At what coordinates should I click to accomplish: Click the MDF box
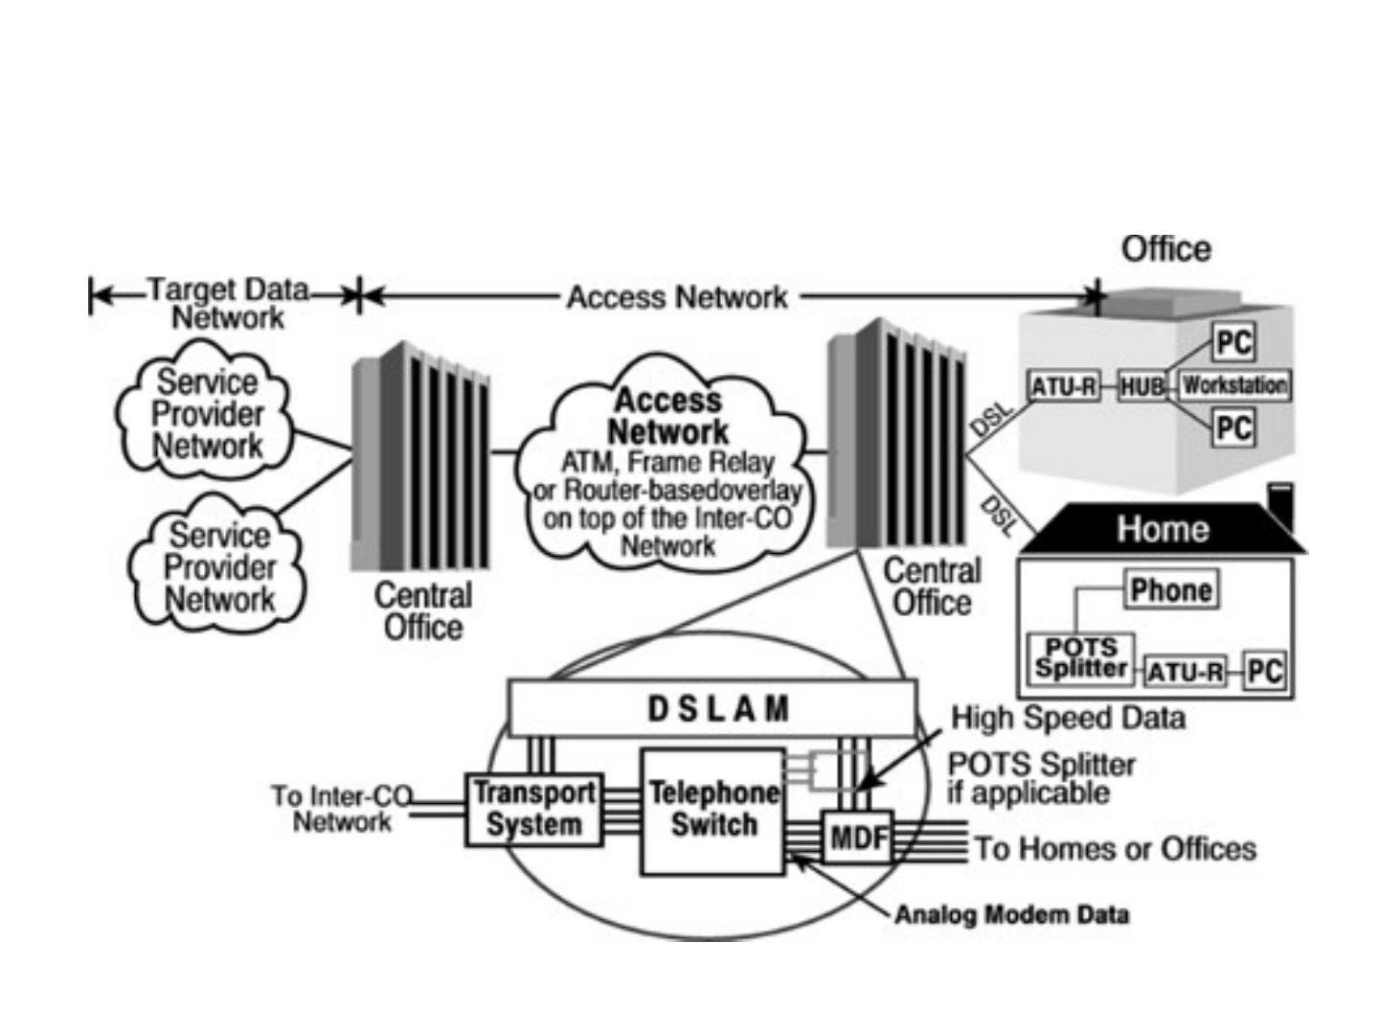(x=858, y=837)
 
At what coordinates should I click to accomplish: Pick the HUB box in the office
(x=1142, y=386)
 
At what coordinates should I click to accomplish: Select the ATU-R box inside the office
(x=1063, y=386)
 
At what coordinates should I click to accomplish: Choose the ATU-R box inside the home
(x=1186, y=673)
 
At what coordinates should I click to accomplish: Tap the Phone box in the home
(x=1171, y=589)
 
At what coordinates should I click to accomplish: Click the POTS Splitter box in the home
(x=1080, y=658)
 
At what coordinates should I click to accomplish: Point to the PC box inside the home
(x=1265, y=671)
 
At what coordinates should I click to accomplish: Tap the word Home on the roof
(x=1163, y=529)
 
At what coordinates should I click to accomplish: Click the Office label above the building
(x=1166, y=249)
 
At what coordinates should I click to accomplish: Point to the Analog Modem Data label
(x=1011, y=915)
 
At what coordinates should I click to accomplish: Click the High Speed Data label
(x=1069, y=718)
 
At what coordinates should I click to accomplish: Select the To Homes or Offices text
(x=1115, y=849)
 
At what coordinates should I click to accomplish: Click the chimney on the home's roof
(x=1281, y=507)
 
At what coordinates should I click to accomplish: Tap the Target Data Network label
(x=228, y=304)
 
